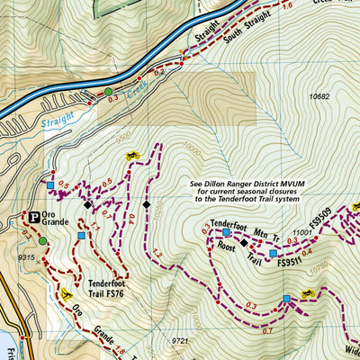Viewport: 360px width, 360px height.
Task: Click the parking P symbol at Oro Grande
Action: [x=30, y=217]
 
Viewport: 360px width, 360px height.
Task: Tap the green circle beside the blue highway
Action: [x=108, y=92]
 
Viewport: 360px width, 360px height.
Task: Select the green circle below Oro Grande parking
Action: [x=42, y=240]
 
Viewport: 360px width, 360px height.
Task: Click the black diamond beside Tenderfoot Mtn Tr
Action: [x=243, y=242]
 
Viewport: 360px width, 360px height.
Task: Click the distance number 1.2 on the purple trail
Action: [x=157, y=255]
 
